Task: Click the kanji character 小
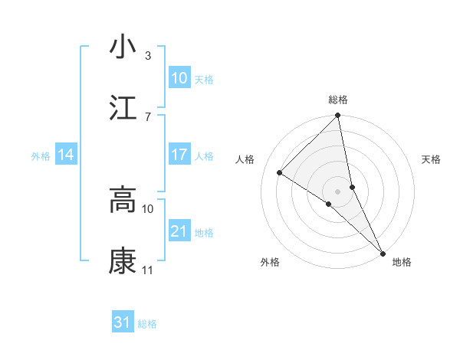[x=123, y=47]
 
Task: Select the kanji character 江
[x=123, y=108]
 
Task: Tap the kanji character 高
[x=123, y=200]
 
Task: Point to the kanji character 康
[x=123, y=260]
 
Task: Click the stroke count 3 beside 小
[x=148, y=56]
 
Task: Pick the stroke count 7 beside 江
[x=148, y=116]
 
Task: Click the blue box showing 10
[x=179, y=78]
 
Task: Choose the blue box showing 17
[x=179, y=155]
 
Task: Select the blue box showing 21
[x=179, y=231]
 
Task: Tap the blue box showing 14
[x=66, y=155]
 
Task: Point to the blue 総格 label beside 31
[x=147, y=324]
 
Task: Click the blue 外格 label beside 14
[x=41, y=156]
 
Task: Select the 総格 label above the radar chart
[x=338, y=100]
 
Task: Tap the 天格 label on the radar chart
[x=431, y=159]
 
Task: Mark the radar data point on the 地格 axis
[x=383, y=253]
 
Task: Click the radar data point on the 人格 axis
[x=280, y=172]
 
